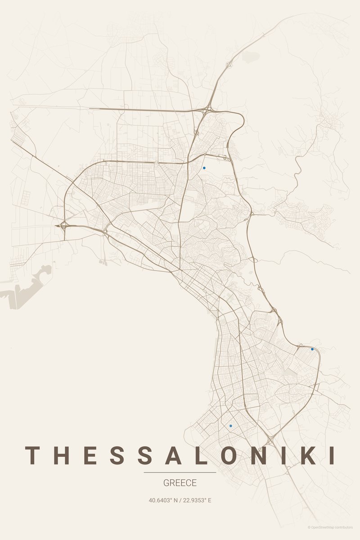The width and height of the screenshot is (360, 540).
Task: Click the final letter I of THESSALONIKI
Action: click(332, 455)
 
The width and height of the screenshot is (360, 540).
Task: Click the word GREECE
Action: click(180, 483)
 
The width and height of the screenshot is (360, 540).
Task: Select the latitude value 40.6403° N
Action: click(163, 500)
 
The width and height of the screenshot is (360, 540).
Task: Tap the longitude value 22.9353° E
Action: click(197, 500)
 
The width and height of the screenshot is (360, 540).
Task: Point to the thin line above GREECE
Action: click(180, 472)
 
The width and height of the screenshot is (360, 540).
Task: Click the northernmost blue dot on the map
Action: click(204, 168)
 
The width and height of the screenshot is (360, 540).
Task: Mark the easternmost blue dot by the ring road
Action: click(312, 349)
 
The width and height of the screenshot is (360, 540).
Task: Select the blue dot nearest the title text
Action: click(231, 425)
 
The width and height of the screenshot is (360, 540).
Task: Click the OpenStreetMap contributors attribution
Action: click(330, 527)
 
